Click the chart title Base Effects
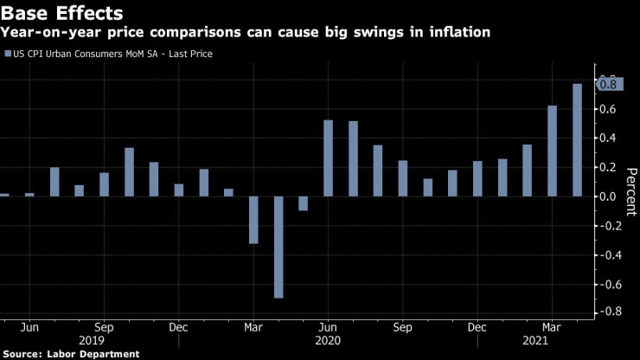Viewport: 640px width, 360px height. coord(61,13)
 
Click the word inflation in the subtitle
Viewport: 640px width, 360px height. coord(458,33)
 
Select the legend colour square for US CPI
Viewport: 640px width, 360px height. coord(8,55)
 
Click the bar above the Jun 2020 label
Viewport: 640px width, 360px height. coord(328,158)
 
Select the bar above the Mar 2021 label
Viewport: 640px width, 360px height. coord(552,151)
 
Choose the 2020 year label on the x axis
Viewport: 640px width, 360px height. coord(329,342)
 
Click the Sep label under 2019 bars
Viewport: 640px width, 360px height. coord(104,328)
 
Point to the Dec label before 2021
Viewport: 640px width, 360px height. coord(477,328)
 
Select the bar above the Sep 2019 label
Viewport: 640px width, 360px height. coord(104,184)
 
